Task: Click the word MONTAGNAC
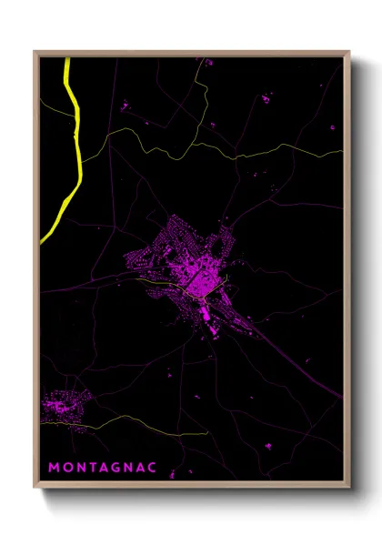(102, 467)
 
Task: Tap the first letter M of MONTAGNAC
(53, 467)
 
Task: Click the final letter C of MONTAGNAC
(152, 467)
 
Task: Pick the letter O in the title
(65, 467)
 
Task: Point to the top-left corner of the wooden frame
(35, 52)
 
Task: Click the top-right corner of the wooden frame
(349, 52)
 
